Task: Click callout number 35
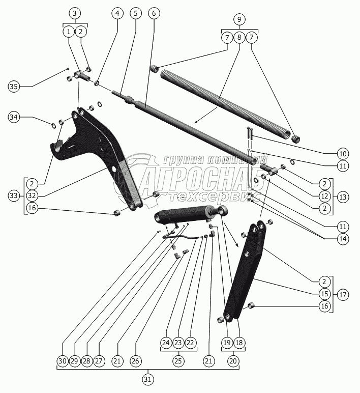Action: click(14, 87)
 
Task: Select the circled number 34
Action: click(14, 118)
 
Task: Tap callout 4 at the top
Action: click(118, 14)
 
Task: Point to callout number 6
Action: click(153, 14)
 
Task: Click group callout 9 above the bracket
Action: click(239, 19)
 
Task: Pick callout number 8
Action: click(239, 37)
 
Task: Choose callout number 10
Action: click(342, 153)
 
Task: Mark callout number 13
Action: click(342, 196)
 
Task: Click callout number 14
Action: click(342, 239)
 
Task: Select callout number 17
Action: click(342, 294)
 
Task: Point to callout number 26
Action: click(135, 360)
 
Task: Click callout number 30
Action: click(62, 360)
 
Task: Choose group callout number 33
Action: click(14, 195)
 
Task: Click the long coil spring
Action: click(224, 102)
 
